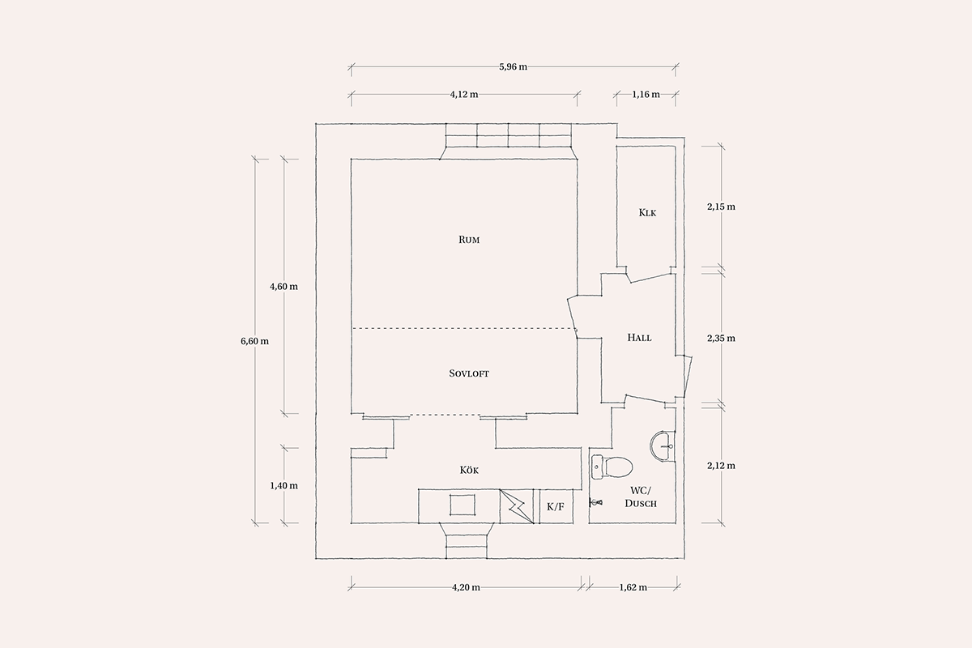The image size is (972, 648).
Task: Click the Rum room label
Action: click(469, 240)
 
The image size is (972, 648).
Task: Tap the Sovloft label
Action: click(469, 373)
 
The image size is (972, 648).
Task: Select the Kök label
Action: click(469, 470)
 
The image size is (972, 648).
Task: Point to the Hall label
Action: click(639, 337)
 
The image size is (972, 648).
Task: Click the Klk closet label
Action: click(647, 213)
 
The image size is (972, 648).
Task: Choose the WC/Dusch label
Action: click(641, 497)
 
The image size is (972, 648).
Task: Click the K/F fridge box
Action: click(556, 506)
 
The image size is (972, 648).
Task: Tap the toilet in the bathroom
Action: click(612, 467)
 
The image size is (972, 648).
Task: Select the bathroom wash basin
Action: click(663, 446)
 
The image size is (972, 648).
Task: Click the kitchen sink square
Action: click(463, 505)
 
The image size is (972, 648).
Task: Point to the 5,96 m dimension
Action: click(514, 67)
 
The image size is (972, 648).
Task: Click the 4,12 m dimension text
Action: click(464, 94)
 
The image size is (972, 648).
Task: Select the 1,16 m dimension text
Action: click(646, 94)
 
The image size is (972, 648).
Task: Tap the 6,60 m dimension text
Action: click(254, 341)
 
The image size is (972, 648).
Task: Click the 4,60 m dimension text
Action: click(283, 287)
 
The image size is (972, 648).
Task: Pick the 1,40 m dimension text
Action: click(283, 486)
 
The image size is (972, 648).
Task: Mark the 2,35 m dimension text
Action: click(721, 338)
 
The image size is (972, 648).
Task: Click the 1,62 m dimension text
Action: click(633, 587)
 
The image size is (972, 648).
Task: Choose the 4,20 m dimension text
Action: click(466, 587)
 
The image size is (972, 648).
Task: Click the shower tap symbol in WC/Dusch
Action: click(596, 502)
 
